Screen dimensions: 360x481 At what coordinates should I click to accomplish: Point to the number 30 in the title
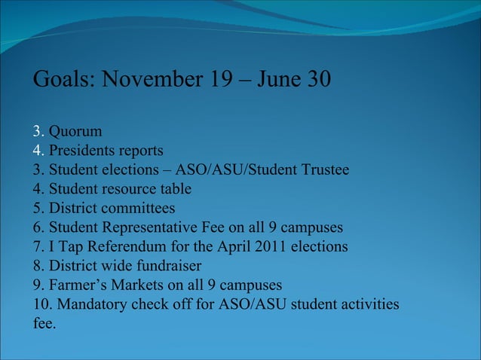point(317,79)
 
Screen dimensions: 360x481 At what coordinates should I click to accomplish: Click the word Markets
point(140,285)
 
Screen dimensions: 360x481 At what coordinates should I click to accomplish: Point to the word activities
point(366,304)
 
